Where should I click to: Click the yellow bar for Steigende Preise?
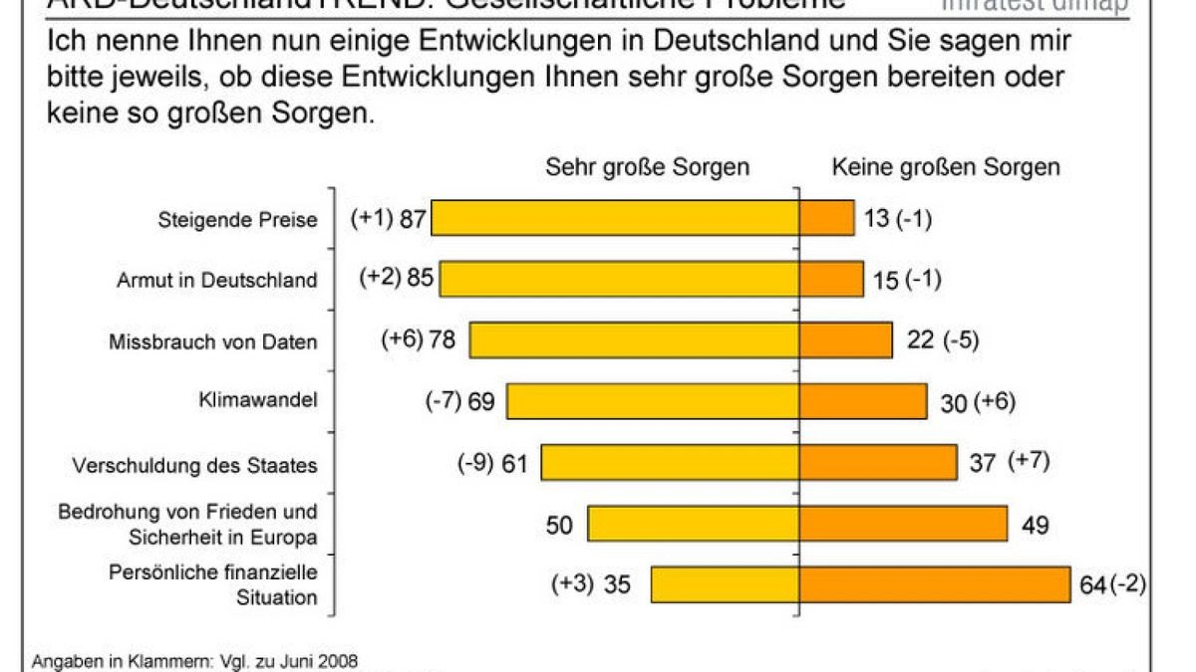pos(614,218)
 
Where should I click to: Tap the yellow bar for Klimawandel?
pos(652,401)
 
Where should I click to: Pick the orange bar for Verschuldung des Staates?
pos(877,462)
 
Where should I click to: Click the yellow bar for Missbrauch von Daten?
pos(634,340)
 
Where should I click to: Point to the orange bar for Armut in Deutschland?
pos(830,280)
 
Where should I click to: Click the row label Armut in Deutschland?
pos(216,280)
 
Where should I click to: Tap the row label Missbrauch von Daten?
pos(212,341)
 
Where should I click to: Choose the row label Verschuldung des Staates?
pos(194,465)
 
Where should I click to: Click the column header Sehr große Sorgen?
pos(647,166)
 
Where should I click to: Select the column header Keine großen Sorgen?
pos(946,166)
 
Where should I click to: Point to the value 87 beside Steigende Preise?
pos(413,219)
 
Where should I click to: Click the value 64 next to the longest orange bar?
pos(1092,584)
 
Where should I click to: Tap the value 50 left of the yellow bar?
pos(560,524)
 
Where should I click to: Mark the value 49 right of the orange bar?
pos(1036,524)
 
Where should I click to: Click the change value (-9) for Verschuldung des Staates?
pos(475,463)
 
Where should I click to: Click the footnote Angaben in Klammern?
pos(194,660)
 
